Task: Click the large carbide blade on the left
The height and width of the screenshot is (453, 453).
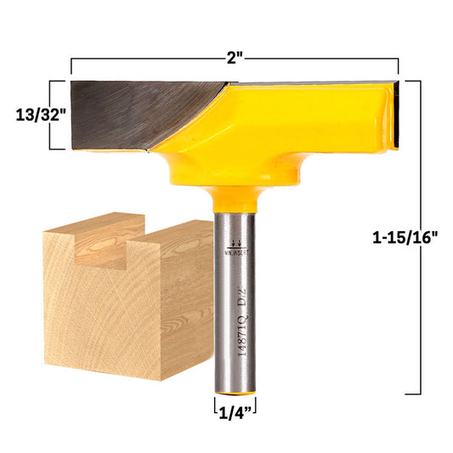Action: (x=144, y=114)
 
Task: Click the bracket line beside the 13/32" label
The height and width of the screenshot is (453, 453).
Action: (x=56, y=115)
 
